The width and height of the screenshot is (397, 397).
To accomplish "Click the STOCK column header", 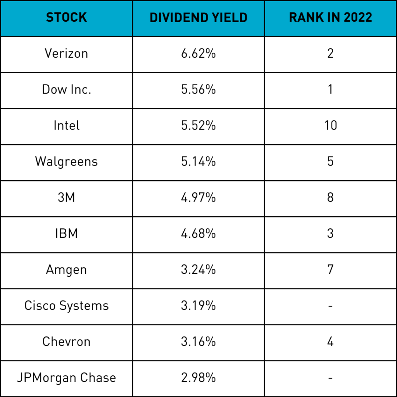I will pyautogui.click(x=66, y=18).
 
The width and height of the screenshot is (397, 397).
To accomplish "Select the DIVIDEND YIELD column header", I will pyautogui.click(x=198, y=18).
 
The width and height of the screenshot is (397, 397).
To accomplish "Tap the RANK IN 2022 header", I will pyautogui.click(x=330, y=18).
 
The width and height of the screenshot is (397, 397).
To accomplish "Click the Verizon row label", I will pyautogui.click(x=66, y=54).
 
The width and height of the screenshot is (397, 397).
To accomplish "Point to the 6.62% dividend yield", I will pyautogui.click(x=198, y=54).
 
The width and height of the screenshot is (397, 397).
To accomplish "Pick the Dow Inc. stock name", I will pyautogui.click(x=66, y=90).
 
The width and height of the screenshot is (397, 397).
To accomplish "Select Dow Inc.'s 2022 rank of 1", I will pyautogui.click(x=330, y=90).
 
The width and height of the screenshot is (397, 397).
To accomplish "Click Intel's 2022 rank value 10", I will pyautogui.click(x=330, y=126).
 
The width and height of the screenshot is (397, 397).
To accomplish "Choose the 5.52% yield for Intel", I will pyautogui.click(x=198, y=126).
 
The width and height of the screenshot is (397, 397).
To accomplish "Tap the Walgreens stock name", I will pyautogui.click(x=66, y=161).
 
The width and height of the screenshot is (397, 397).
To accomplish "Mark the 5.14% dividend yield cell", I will pyautogui.click(x=198, y=161).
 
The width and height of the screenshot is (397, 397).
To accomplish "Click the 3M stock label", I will pyautogui.click(x=66, y=197).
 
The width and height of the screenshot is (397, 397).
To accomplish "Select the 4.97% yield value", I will pyautogui.click(x=198, y=197).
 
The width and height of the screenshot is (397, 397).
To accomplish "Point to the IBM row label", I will pyautogui.click(x=66, y=233).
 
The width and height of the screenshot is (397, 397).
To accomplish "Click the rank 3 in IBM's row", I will pyautogui.click(x=330, y=233).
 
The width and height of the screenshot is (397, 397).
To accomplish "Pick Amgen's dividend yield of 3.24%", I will pyautogui.click(x=198, y=269).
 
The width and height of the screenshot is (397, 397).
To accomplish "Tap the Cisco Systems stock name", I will pyautogui.click(x=66, y=306).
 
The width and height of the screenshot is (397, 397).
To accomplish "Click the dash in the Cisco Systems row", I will pyautogui.click(x=330, y=306).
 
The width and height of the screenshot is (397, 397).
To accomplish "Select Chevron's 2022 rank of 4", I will pyautogui.click(x=330, y=342).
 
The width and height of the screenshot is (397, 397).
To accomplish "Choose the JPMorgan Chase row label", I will pyautogui.click(x=66, y=378).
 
